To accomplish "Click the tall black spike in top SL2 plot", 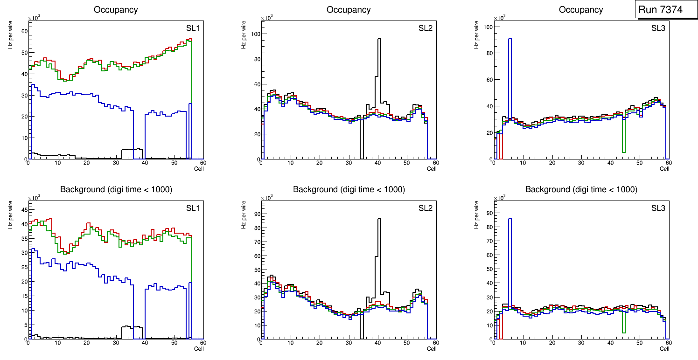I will pyautogui.click(x=379, y=70).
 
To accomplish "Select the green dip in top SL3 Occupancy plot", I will pyautogui.click(x=623, y=135).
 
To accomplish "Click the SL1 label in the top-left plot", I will pyautogui.click(x=193, y=28).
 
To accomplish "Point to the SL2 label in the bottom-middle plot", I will pyautogui.click(x=426, y=208).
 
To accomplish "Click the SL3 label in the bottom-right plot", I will pyautogui.click(x=658, y=208).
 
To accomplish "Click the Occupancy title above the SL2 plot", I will pyautogui.click(x=349, y=10).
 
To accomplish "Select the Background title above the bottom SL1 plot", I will pyautogui.click(x=116, y=189).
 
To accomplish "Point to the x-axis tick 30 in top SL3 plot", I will pyautogui.click(x=581, y=163).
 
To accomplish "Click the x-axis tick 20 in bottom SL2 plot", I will pyautogui.click(x=319, y=343).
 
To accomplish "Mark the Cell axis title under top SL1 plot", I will pyautogui.click(x=199, y=169).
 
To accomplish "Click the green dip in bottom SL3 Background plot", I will pyautogui.click(x=623, y=322).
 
